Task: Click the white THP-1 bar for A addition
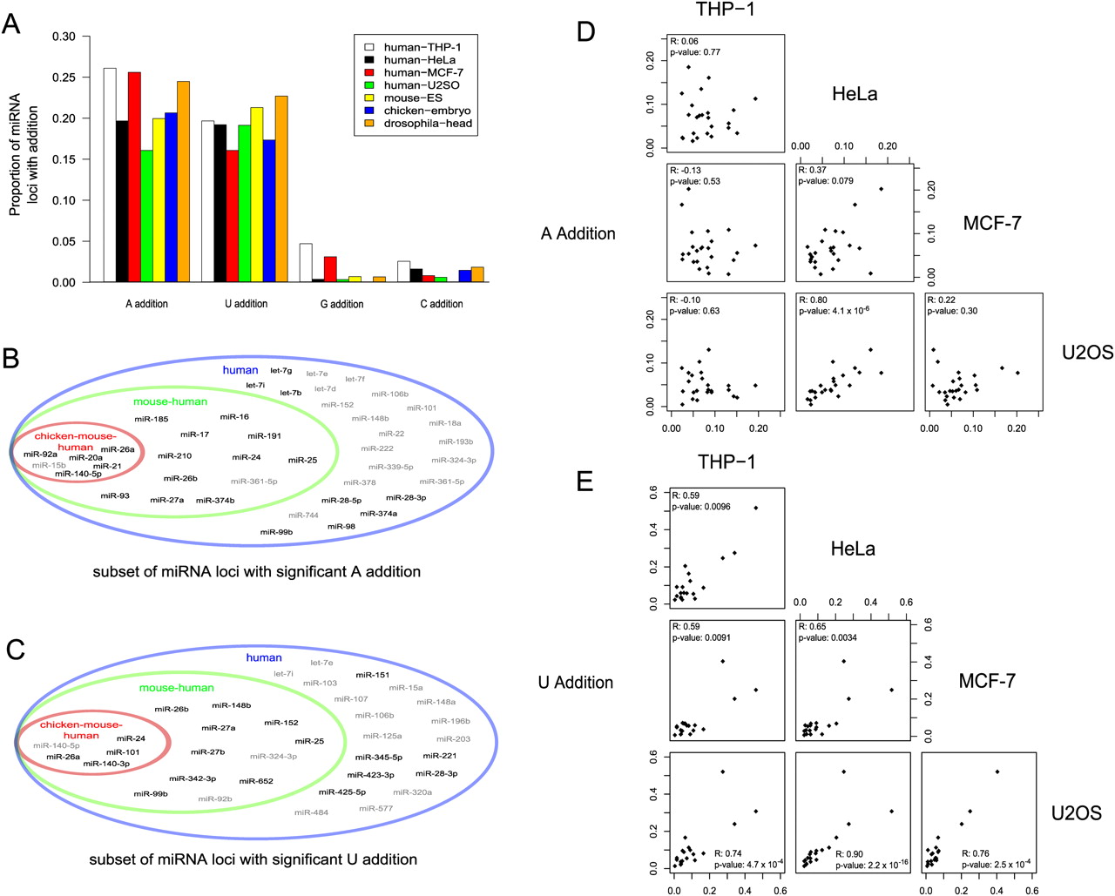pos(110,175)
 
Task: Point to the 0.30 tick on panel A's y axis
pos(64,37)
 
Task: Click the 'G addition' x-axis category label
pos(341,304)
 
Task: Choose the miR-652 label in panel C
pos(256,781)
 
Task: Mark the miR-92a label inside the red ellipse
pos(40,454)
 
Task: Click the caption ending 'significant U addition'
pos(253,859)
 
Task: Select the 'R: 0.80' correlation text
pos(812,300)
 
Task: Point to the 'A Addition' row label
pos(578,233)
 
